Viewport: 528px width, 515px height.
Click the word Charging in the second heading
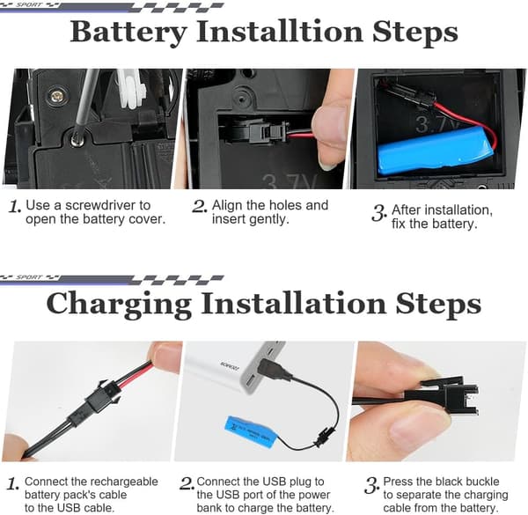point(119,305)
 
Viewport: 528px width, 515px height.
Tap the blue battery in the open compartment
point(436,151)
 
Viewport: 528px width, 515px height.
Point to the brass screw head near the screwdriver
point(56,97)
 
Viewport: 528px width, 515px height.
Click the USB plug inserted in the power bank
point(272,369)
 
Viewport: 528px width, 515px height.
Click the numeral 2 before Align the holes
point(199,206)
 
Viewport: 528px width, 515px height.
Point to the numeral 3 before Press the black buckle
point(371,486)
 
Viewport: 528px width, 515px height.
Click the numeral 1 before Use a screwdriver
point(14,206)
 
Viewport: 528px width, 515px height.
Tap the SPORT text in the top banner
point(29,4)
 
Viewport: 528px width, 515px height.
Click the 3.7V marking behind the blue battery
point(436,124)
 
